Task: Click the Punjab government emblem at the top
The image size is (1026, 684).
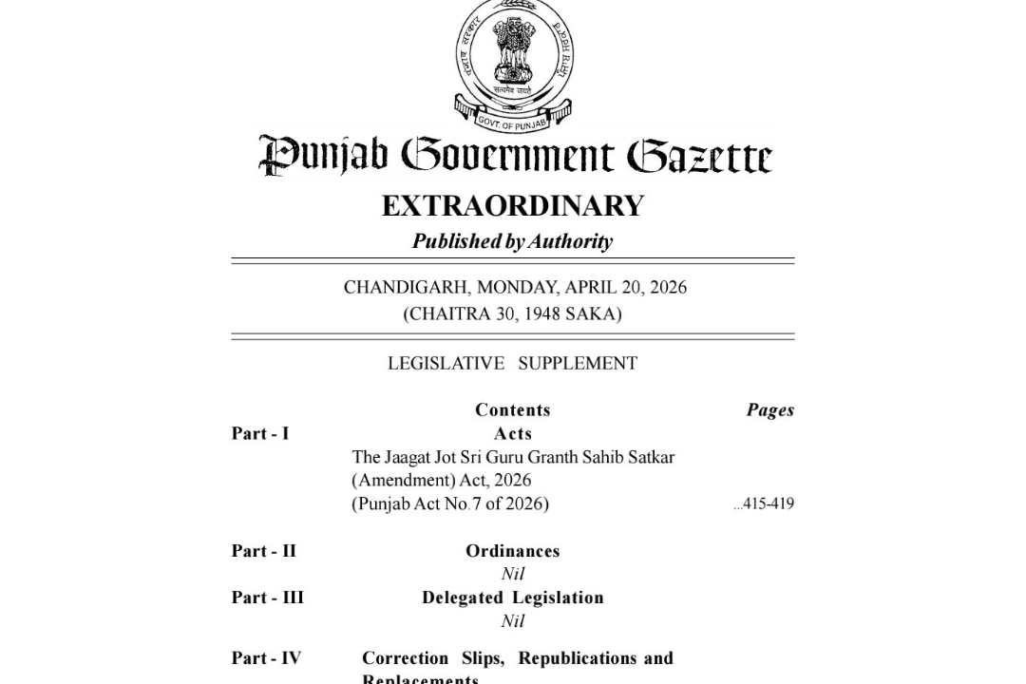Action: coord(513,62)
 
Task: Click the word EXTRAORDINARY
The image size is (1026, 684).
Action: coord(513,206)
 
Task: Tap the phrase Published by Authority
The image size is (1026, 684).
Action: coord(512,241)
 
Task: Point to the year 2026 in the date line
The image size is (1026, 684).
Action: coord(668,288)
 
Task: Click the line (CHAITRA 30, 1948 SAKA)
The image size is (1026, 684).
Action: coord(512,313)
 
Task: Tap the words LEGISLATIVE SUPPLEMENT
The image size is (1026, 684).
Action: coord(512,364)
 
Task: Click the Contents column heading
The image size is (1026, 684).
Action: coord(512,410)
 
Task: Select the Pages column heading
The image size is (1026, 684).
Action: coord(769,410)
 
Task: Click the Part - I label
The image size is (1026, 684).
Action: coord(260,434)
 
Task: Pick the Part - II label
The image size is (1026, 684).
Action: coord(264,551)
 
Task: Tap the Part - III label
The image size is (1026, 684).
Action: coord(268,598)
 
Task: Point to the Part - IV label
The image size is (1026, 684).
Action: coord(267,658)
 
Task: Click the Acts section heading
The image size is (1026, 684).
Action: coord(512,434)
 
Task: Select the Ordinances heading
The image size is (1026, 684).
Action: coord(512,551)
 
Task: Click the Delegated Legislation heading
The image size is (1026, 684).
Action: coord(512,598)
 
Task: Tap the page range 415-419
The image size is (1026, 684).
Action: coord(768,504)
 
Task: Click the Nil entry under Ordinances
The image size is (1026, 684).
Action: coord(512,574)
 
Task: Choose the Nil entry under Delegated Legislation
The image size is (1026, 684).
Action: coord(512,621)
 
